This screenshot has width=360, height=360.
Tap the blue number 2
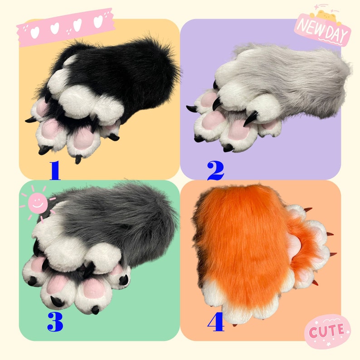point(216,170)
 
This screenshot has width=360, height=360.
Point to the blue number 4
point(216,322)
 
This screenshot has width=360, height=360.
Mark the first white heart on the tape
point(34,31)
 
